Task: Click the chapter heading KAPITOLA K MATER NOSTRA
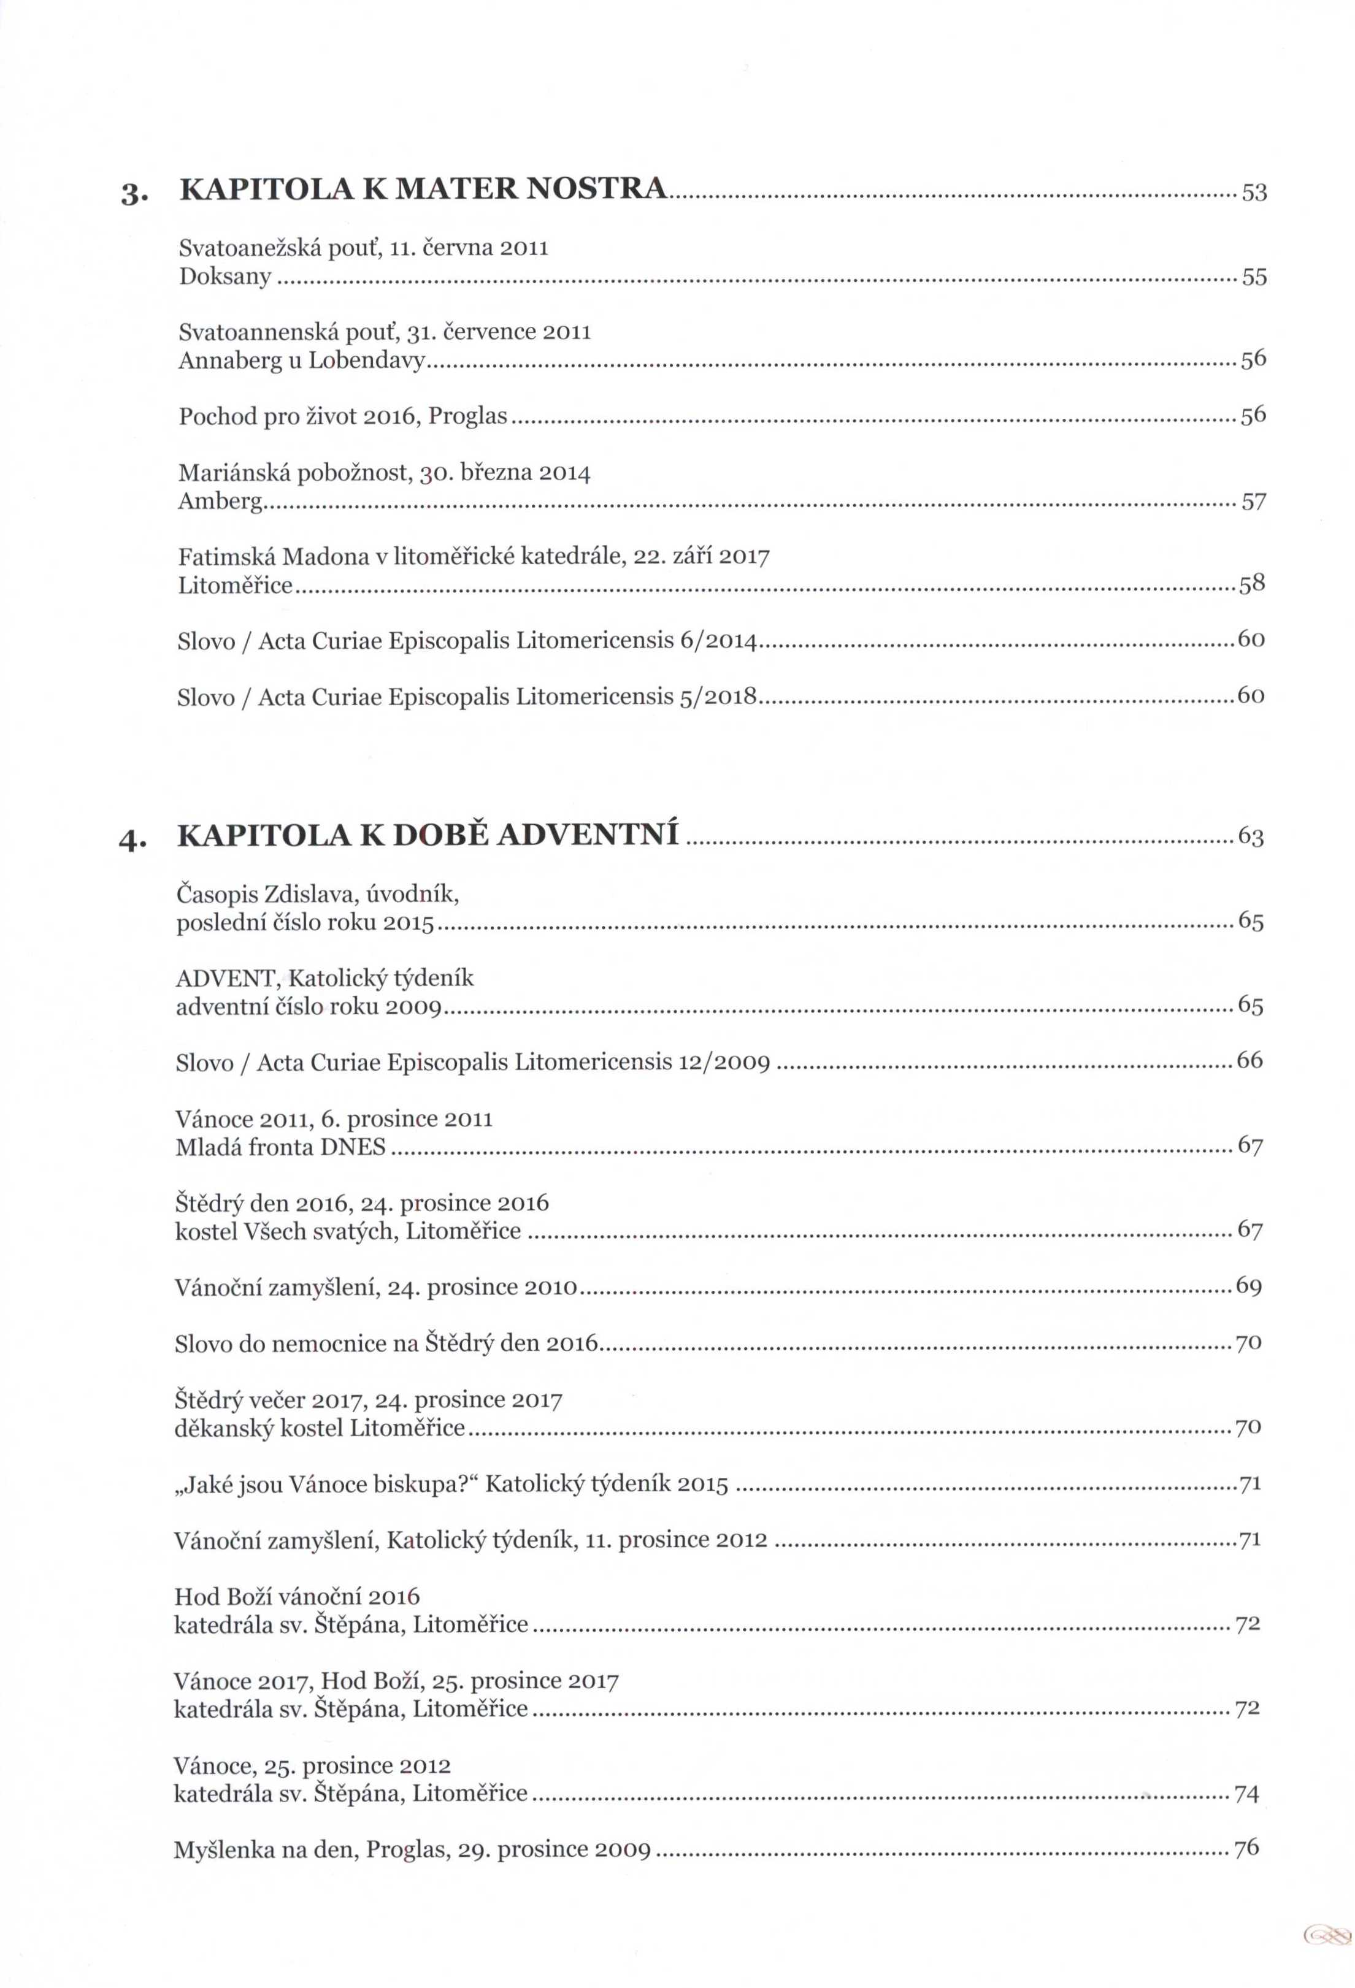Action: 423,189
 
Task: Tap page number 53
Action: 1254,193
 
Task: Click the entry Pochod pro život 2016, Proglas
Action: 342,416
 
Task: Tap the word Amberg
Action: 220,501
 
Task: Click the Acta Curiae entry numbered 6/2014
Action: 467,641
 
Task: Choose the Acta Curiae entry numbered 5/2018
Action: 467,697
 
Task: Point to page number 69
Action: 1249,1286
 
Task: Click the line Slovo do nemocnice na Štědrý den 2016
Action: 386,1343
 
